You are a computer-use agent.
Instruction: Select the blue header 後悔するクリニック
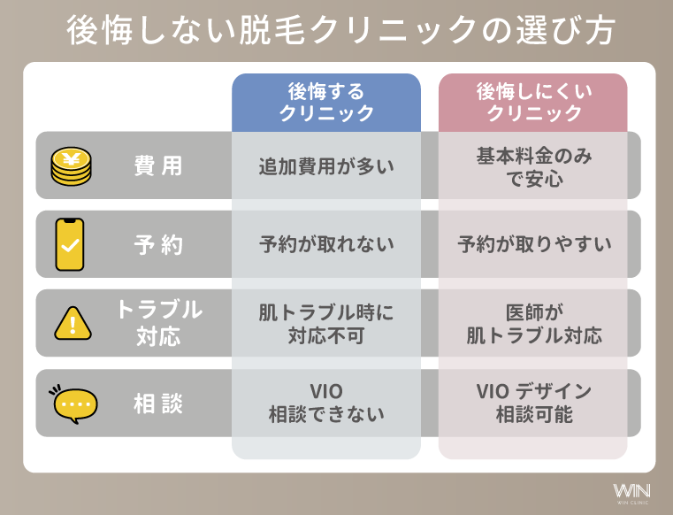click(326, 103)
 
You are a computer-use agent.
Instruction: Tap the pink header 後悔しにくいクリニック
click(533, 103)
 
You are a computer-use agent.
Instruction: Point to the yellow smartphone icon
click(72, 244)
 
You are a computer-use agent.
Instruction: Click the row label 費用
click(158, 165)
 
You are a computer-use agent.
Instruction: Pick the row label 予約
click(158, 244)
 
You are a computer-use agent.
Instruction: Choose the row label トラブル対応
click(158, 323)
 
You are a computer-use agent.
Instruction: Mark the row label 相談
click(158, 404)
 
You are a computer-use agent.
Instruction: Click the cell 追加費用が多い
click(326, 166)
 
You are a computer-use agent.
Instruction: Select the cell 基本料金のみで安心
click(533, 166)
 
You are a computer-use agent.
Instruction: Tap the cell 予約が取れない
click(326, 244)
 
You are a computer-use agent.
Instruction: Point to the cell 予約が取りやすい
click(533, 244)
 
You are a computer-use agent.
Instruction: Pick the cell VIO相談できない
click(326, 403)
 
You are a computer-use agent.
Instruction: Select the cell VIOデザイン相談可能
click(533, 403)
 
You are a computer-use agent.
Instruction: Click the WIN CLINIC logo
click(631, 491)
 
